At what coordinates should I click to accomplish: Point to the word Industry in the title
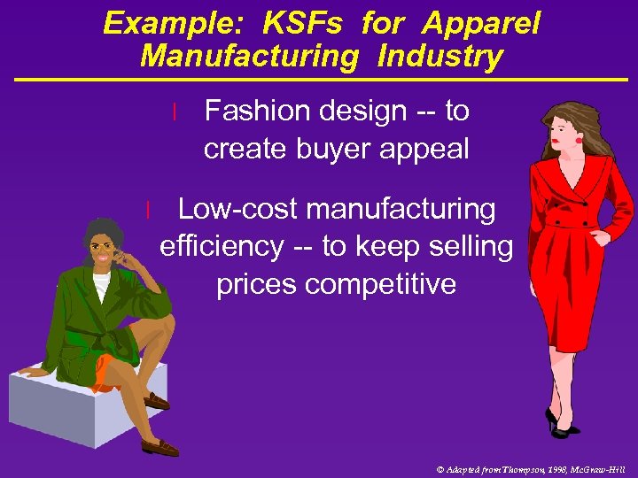tap(440, 57)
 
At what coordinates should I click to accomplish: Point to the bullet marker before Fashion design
tap(176, 112)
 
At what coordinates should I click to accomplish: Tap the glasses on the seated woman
tap(103, 247)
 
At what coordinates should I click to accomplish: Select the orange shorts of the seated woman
tap(107, 371)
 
